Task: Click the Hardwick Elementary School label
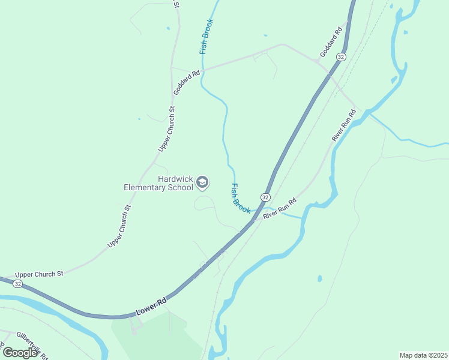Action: [159, 183]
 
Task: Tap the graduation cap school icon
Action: [203, 182]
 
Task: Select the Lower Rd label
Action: [151, 306]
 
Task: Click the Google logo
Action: [20, 353]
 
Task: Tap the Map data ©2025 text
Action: [423, 355]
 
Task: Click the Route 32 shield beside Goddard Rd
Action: [341, 56]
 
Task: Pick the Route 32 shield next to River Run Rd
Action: [265, 197]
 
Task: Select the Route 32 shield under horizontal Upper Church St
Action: [18, 283]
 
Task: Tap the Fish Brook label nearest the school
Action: [241, 199]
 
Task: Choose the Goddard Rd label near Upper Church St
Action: [187, 83]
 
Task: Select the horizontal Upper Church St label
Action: [39, 274]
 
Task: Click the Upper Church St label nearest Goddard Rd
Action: [167, 128]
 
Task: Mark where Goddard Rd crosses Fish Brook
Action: [203, 70]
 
